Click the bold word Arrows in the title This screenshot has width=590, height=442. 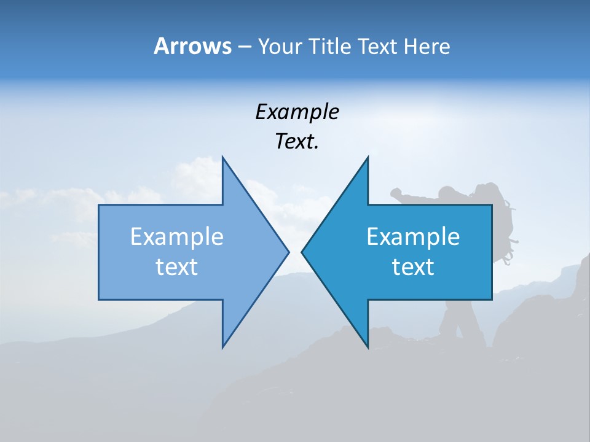click(192, 46)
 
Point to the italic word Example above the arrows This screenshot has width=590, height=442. click(297, 112)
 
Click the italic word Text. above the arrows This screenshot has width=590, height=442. click(297, 141)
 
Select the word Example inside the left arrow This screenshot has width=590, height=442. click(177, 236)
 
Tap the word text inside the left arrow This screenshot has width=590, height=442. click(177, 266)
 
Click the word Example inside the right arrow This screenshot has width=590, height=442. click(413, 236)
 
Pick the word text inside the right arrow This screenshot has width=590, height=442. click(413, 266)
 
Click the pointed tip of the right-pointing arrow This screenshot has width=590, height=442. click(288, 251)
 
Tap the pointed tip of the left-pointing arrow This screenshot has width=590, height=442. click(302, 251)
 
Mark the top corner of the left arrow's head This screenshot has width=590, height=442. click(222, 157)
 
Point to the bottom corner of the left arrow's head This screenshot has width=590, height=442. click(222, 347)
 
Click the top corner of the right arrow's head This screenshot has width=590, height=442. click(368, 157)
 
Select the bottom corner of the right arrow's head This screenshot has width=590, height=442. click(368, 347)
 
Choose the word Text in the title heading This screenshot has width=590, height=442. click(377, 46)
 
